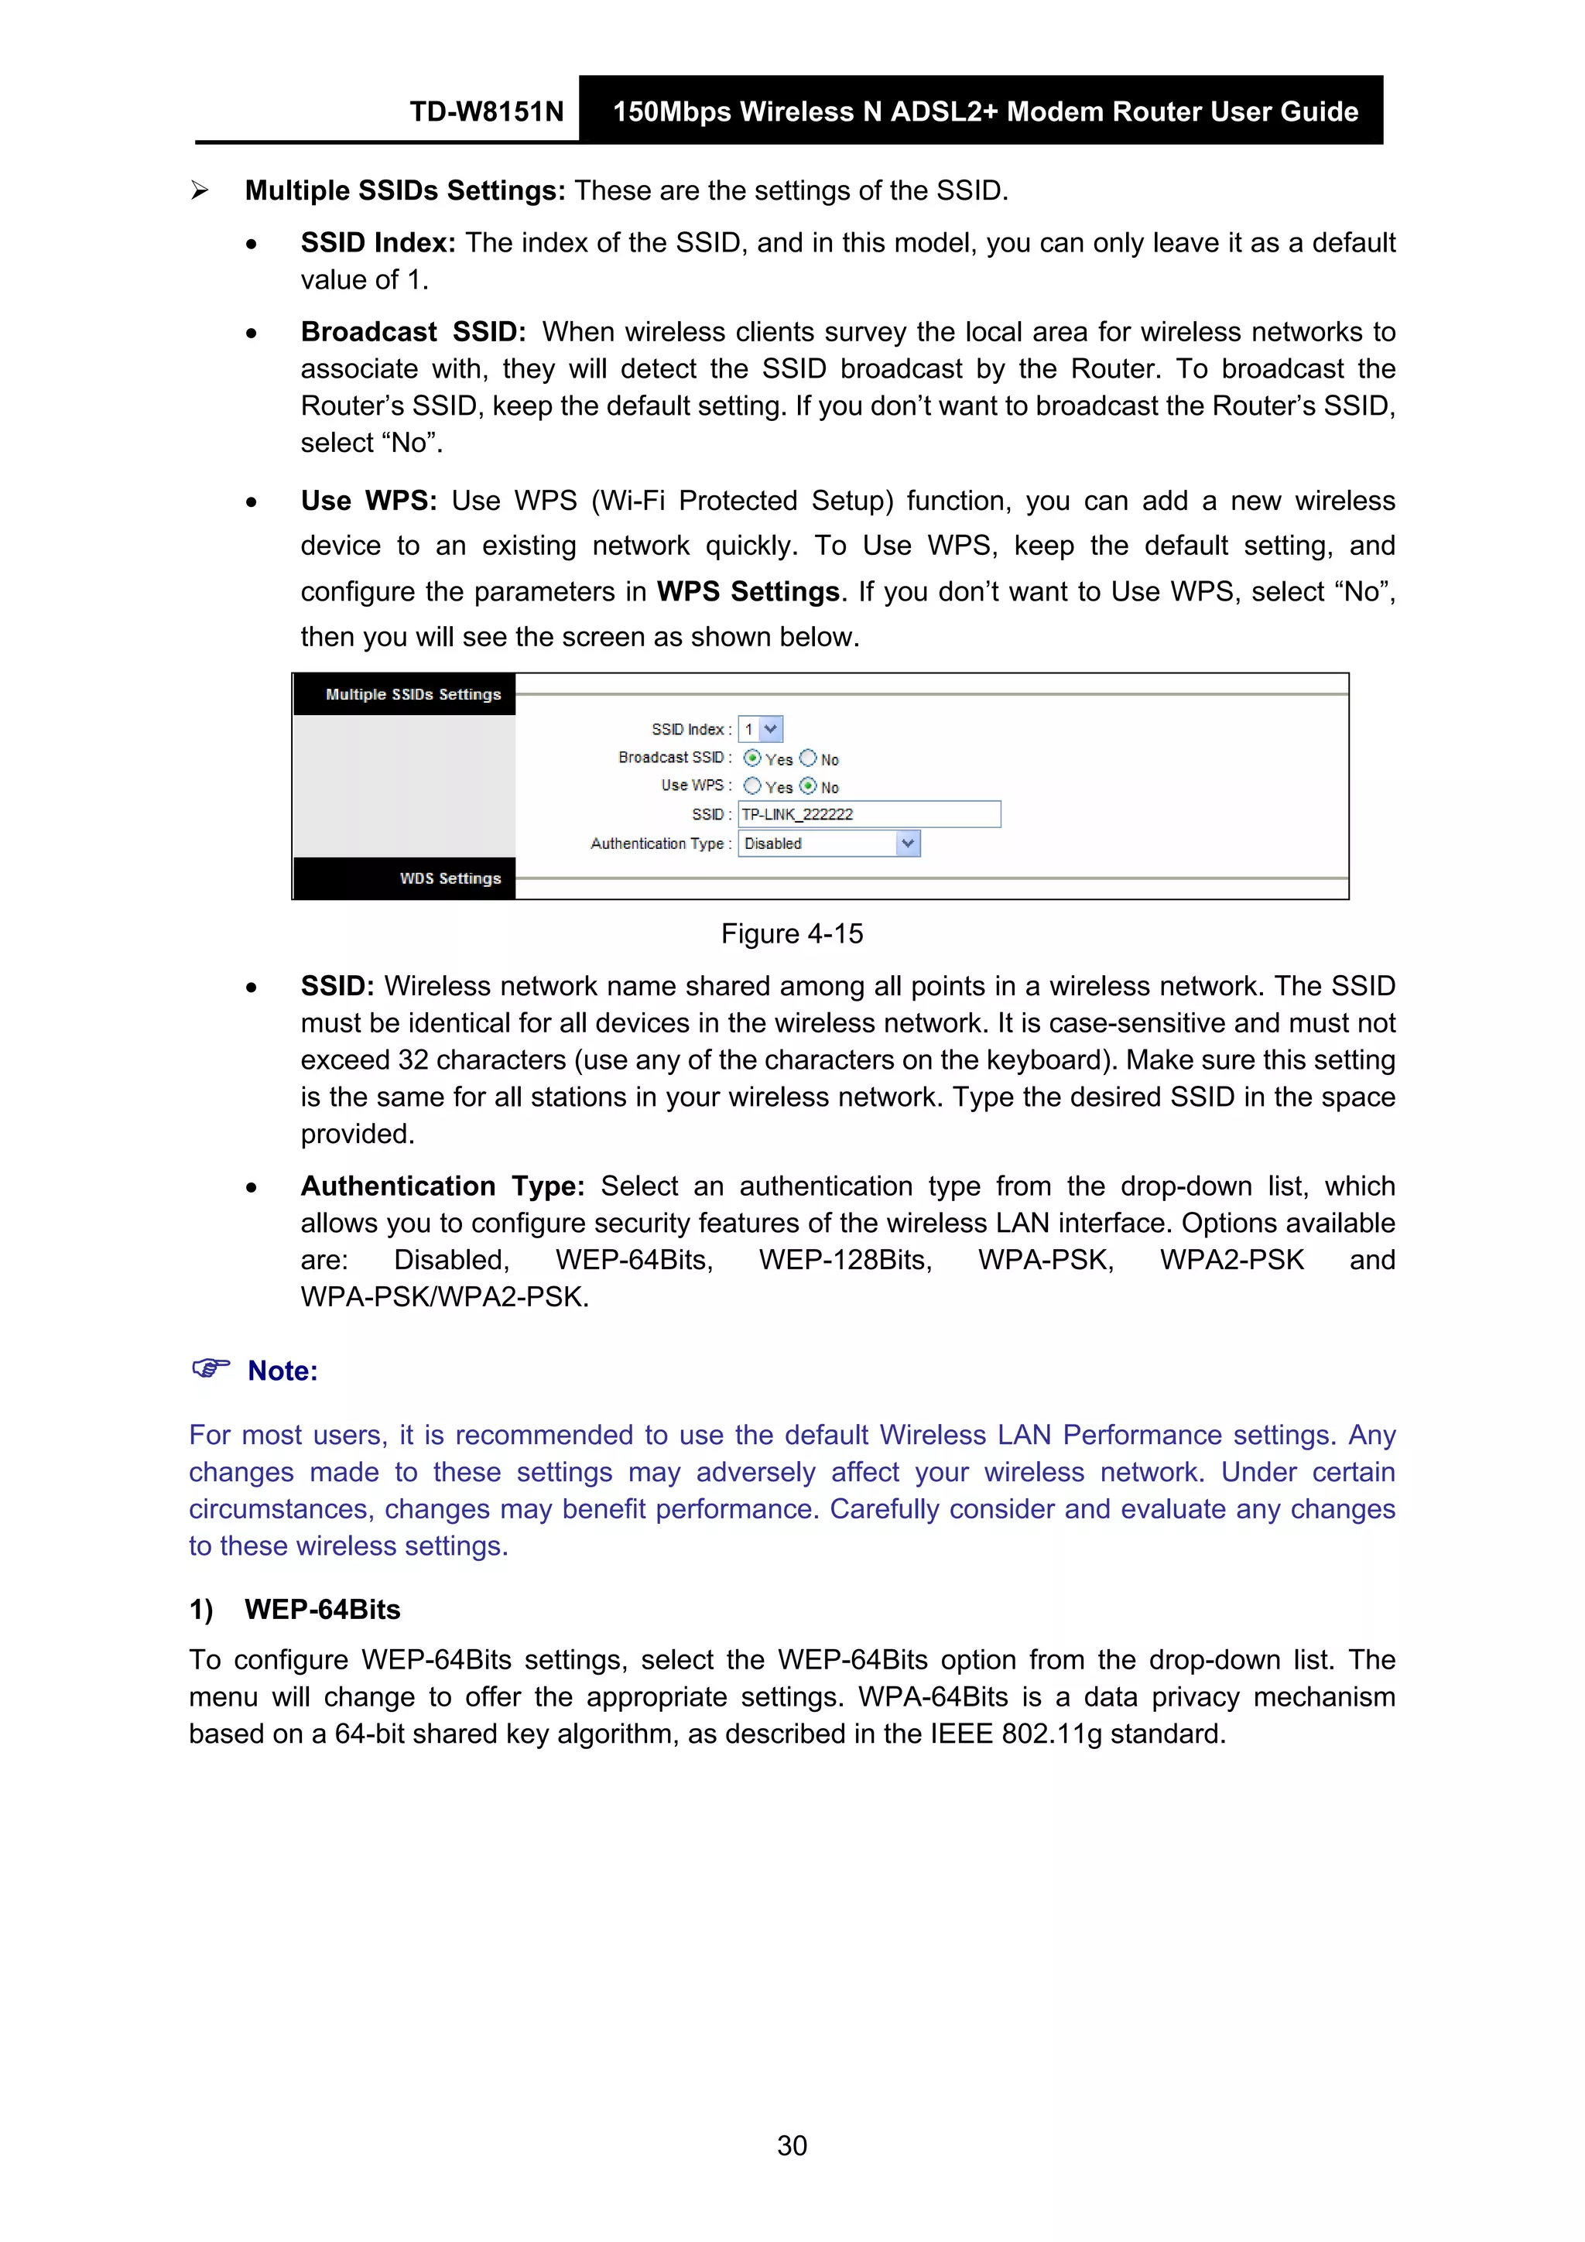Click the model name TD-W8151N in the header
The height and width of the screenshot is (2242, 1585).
point(486,111)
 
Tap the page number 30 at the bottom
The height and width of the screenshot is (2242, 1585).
point(791,2145)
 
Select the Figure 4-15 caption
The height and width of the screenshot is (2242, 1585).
point(791,933)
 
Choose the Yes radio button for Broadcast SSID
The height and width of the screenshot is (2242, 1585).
point(752,758)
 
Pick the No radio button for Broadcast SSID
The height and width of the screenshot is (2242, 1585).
point(808,758)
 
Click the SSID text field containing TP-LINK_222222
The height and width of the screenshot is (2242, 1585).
point(868,814)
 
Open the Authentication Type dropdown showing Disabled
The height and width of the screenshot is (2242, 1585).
point(828,844)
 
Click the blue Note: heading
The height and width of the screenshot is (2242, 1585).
point(282,1371)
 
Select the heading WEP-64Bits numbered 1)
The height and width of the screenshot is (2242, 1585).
point(322,1609)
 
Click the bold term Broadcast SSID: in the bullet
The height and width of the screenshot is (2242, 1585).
point(413,332)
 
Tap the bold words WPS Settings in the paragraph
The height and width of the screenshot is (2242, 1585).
point(747,592)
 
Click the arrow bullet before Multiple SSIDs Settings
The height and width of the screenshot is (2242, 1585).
point(199,190)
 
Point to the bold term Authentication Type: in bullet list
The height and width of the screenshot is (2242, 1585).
point(441,1186)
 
